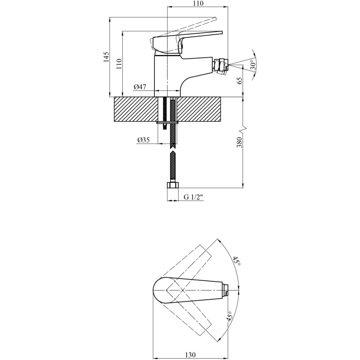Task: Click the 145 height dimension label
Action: coord(106,57)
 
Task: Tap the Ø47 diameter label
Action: coord(140,87)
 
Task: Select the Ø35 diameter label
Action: coord(144,140)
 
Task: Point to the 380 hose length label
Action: coord(239,142)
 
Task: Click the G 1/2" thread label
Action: coord(194,197)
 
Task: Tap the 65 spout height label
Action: coord(239,81)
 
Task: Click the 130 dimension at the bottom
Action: coord(190,355)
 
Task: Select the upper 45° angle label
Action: coord(237,261)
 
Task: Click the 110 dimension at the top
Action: coord(198,4)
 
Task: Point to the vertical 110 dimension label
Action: coord(119,64)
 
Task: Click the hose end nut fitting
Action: coord(172,185)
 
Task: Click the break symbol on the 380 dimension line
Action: coord(243,130)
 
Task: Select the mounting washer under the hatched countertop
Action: coord(167,123)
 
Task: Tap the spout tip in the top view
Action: coord(226,290)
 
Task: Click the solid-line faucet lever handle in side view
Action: coord(186,42)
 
